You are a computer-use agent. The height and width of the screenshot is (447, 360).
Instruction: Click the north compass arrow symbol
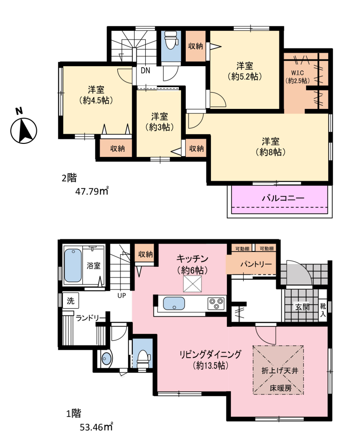24,131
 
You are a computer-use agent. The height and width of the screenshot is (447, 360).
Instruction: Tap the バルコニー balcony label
283,198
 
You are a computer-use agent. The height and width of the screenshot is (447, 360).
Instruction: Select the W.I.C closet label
297,73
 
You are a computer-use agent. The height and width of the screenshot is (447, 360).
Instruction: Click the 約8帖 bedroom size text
271,152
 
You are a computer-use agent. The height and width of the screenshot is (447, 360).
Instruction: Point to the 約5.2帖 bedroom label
245,76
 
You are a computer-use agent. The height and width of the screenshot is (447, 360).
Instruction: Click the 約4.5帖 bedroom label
96,100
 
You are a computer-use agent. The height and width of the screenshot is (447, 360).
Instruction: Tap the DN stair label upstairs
145,70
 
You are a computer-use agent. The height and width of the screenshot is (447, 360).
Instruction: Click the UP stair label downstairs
122,296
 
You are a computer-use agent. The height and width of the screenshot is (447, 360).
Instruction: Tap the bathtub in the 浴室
73,265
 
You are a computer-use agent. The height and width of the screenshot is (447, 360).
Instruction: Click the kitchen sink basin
174,304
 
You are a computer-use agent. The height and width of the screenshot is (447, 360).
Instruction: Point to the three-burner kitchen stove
216,303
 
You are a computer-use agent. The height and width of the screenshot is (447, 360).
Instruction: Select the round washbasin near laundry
107,359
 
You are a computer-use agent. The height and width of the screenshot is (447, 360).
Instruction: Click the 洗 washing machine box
70,301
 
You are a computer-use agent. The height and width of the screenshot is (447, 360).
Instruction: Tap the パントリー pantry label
256,264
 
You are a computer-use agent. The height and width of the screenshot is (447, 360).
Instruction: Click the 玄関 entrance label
302,307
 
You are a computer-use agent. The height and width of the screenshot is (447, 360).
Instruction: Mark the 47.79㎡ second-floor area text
92,191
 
